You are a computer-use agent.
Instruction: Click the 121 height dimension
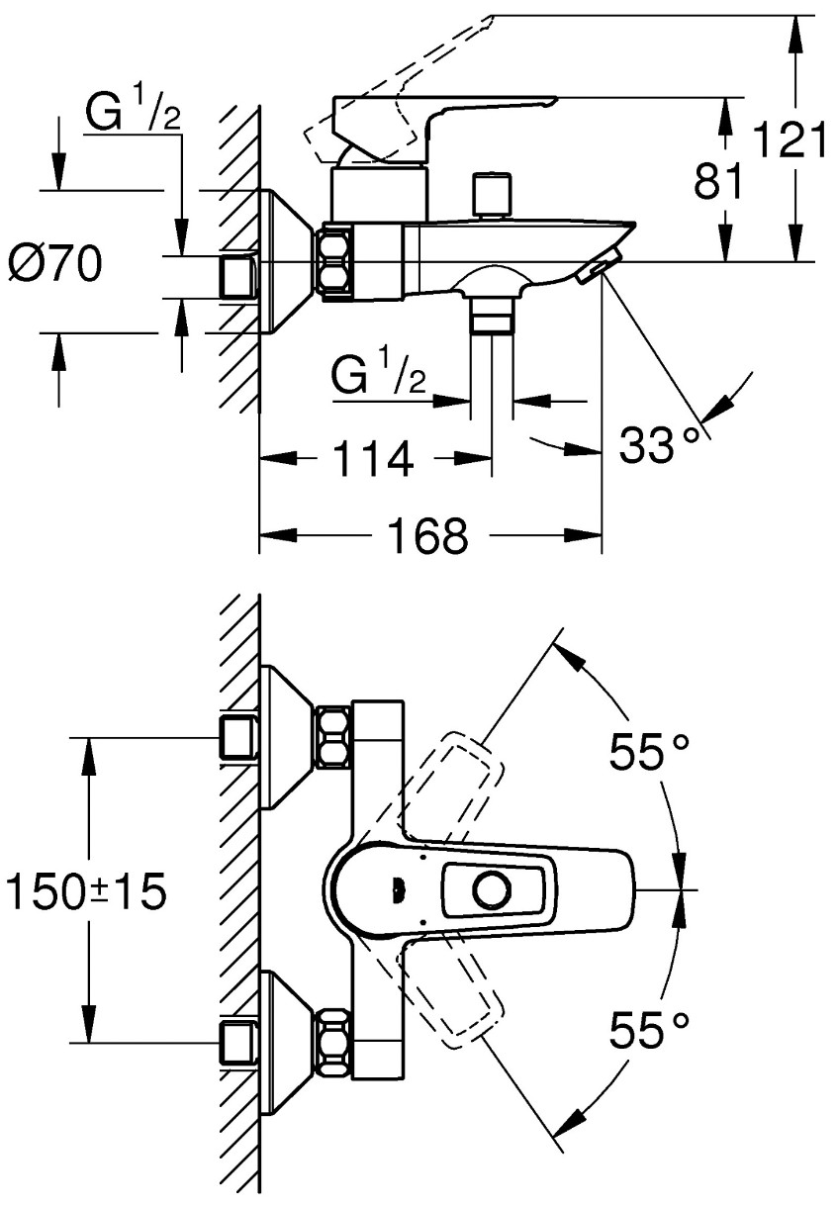pyautogui.click(x=790, y=139)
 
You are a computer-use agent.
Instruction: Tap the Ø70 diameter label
pyautogui.click(x=55, y=263)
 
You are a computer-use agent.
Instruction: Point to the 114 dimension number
pyautogui.click(x=374, y=457)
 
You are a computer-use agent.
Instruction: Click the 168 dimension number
pyautogui.click(x=428, y=535)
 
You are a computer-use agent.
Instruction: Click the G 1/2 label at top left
pyautogui.click(x=133, y=112)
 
